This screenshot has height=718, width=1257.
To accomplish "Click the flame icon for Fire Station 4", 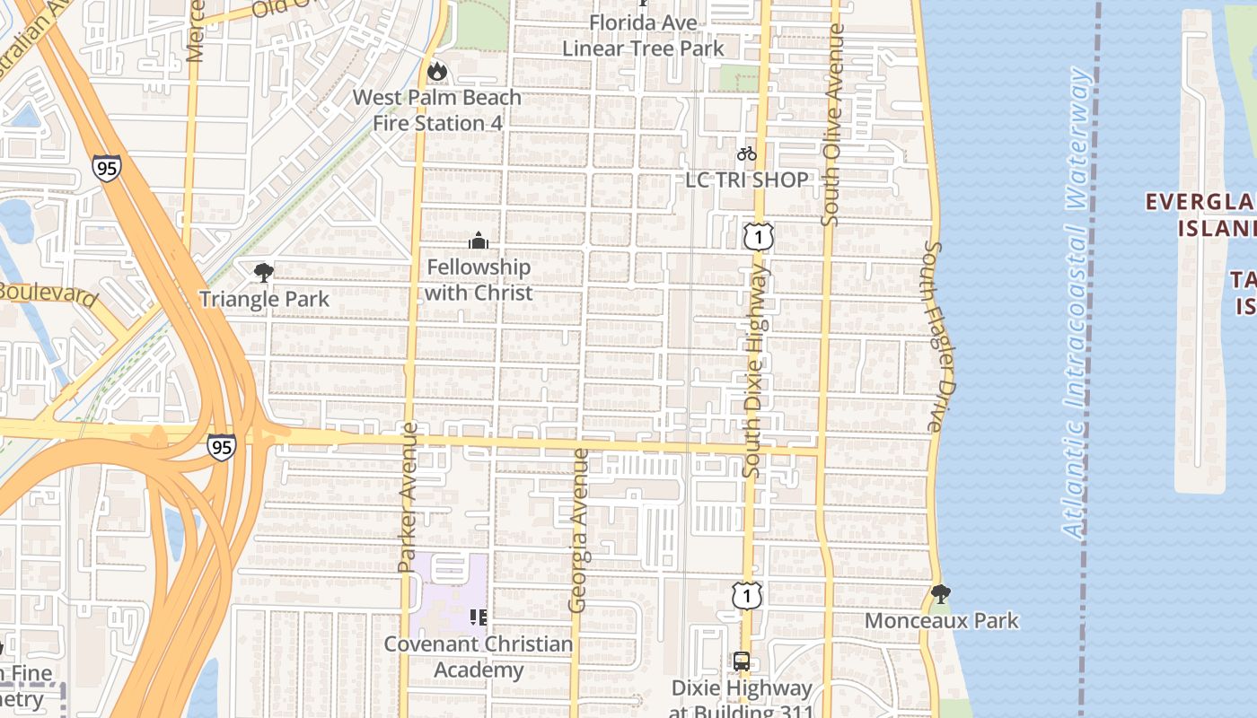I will (437, 71).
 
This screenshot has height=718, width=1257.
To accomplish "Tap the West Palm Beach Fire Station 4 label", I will (436, 109).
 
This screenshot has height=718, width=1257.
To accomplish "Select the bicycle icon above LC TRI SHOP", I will (747, 154).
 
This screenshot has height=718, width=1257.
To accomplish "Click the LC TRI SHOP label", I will (747, 179).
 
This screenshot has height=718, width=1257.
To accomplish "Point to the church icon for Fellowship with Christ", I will (479, 241).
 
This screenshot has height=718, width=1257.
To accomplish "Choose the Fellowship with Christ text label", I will (479, 280).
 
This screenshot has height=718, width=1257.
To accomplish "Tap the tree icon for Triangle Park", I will (263, 272).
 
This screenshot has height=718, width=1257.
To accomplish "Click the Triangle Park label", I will (264, 299).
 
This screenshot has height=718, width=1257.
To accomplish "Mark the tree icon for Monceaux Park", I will (941, 593).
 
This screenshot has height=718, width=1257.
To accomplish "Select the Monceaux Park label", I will (942, 620).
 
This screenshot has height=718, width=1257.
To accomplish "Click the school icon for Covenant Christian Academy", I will (479, 617).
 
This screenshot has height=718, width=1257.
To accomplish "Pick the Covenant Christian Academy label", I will (479, 657).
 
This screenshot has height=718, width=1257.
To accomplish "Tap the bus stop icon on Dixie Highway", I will (742, 661).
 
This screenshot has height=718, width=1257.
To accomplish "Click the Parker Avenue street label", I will (408, 496).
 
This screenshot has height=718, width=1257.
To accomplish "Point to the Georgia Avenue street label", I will (579, 530).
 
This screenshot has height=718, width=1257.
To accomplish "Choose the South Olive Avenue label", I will (832, 126).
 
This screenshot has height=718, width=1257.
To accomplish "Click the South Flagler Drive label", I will (935, 337).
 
